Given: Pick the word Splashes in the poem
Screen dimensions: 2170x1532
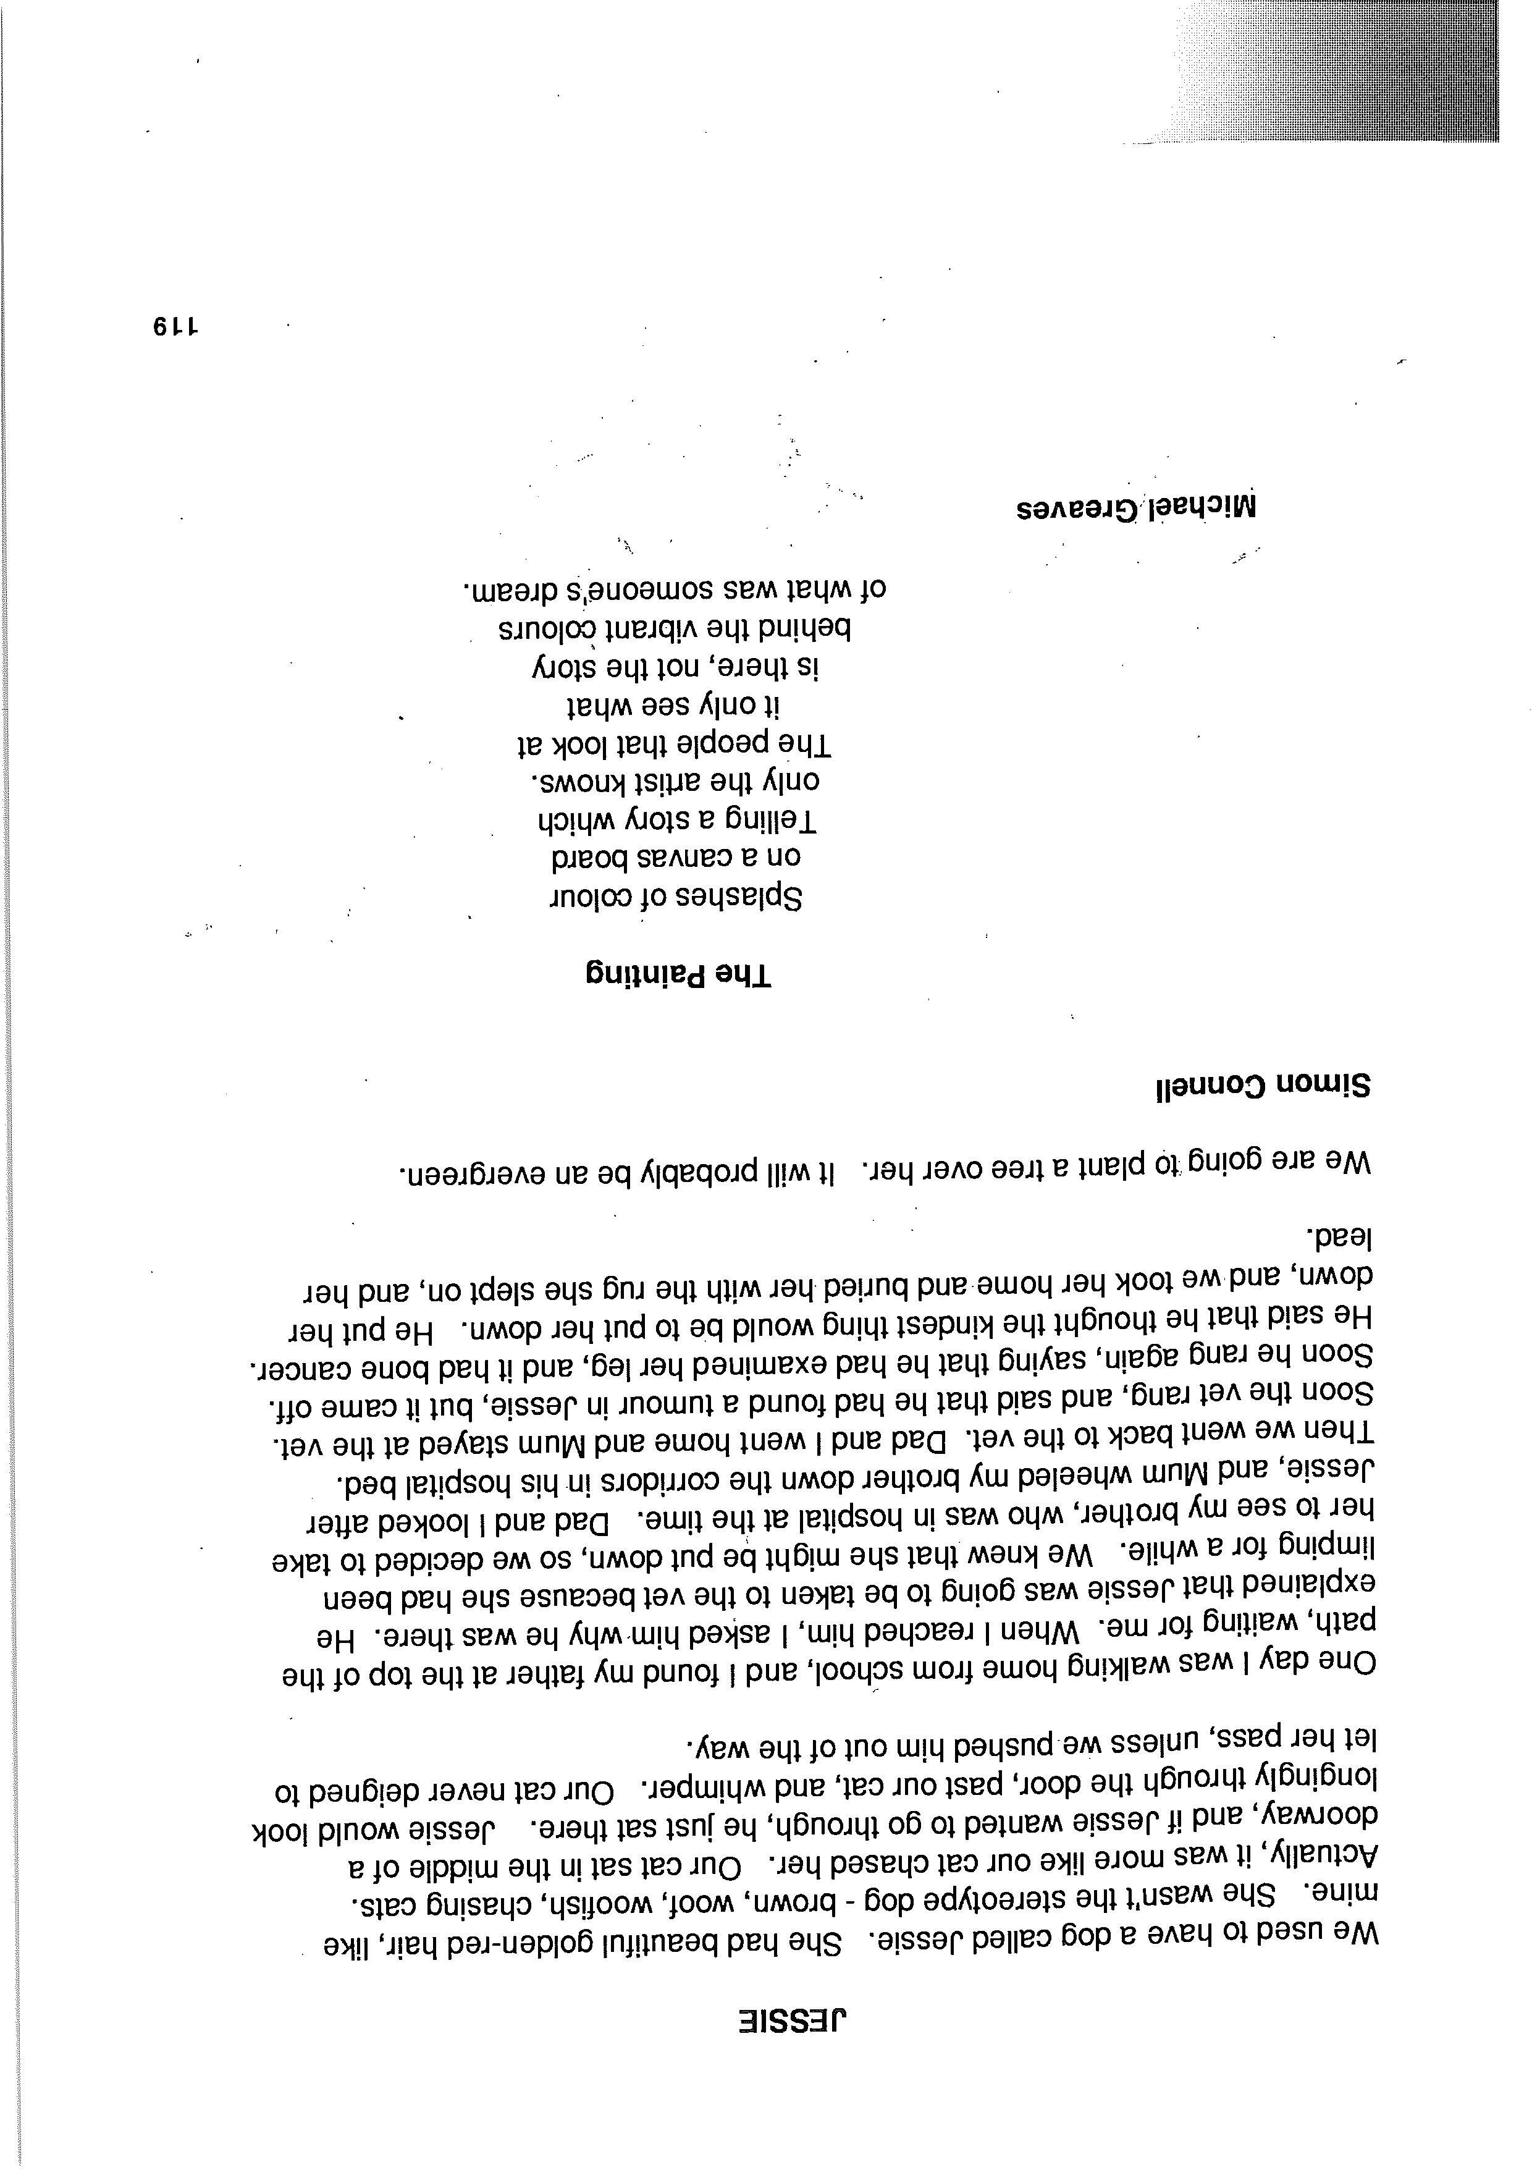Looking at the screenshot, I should [x=737, y=897].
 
